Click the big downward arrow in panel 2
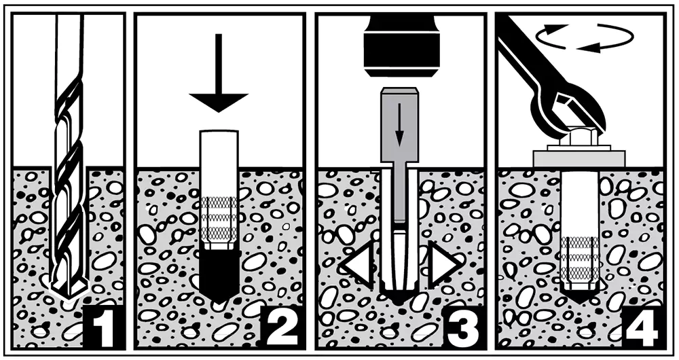(x=219, y=73)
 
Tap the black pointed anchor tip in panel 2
(x=219, y=276)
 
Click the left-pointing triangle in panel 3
(x=357, y=264)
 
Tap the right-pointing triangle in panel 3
(x=445, y=264)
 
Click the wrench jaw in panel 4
(x=572, y=107)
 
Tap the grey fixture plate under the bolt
(x=579, y=158)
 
